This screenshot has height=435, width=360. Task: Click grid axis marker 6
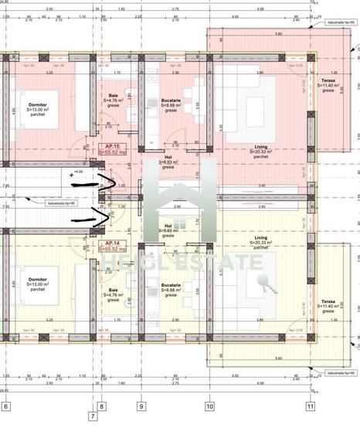(5, 406)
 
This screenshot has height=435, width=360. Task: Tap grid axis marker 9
(141, 406)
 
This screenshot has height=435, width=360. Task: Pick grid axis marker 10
(209, 406)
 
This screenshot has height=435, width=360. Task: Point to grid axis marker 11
(310, 406)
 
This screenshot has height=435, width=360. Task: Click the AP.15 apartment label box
(114, 149)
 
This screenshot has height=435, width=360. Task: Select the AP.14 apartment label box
(114, 246)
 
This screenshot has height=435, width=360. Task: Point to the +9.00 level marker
(77, 172)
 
